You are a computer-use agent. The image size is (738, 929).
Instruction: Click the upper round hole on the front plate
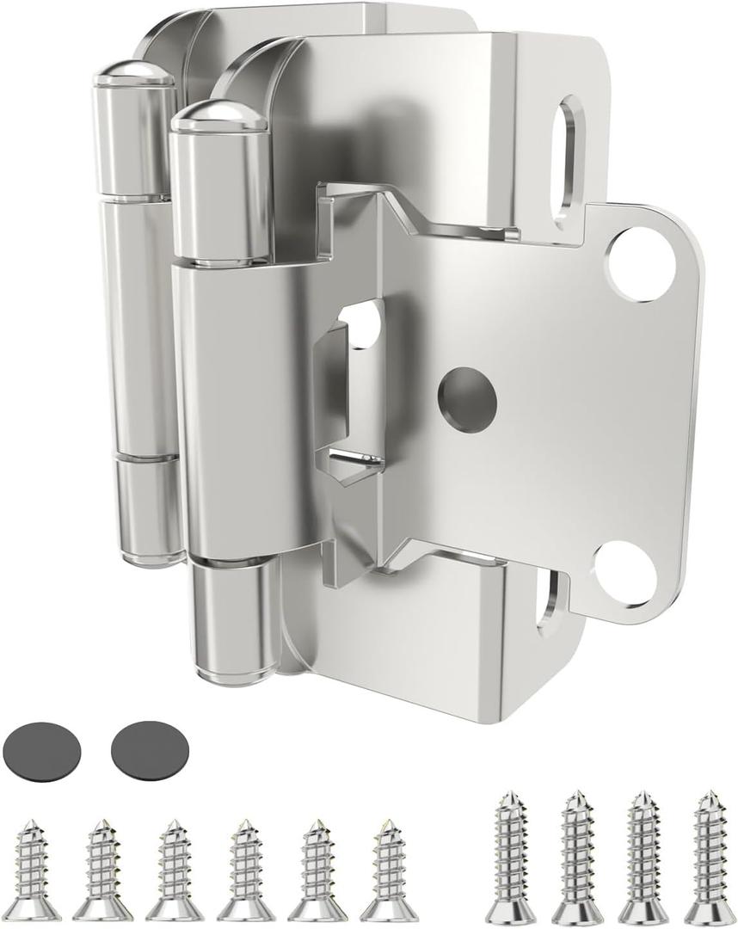[641, 263]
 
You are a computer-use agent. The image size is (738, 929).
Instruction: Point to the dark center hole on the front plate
[467, 395]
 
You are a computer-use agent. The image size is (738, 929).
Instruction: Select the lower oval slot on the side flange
[547, 606]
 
